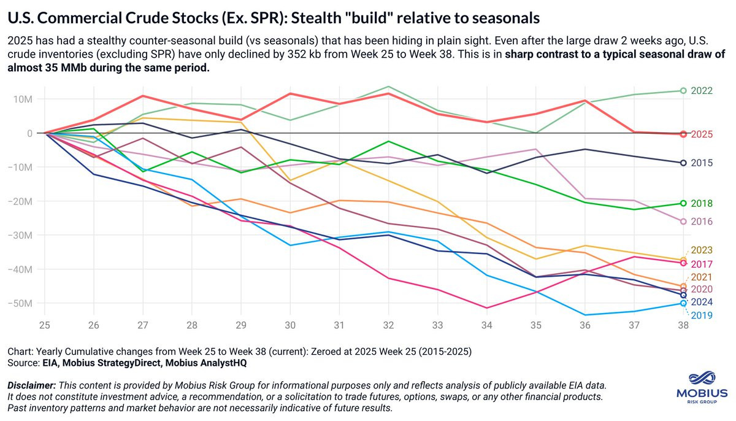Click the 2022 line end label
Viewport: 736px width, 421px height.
701,91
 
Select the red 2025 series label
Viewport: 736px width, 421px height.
701,134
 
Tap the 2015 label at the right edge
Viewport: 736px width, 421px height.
701,163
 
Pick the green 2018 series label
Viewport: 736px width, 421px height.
701,203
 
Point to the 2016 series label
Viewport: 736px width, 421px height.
701,222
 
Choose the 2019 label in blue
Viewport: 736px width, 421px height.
701,315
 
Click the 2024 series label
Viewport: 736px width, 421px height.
701,302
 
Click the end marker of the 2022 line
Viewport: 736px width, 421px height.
683,91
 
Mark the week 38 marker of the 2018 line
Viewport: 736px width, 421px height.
683,203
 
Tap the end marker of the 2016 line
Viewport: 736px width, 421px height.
683,222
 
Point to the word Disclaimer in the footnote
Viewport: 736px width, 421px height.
31,385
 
